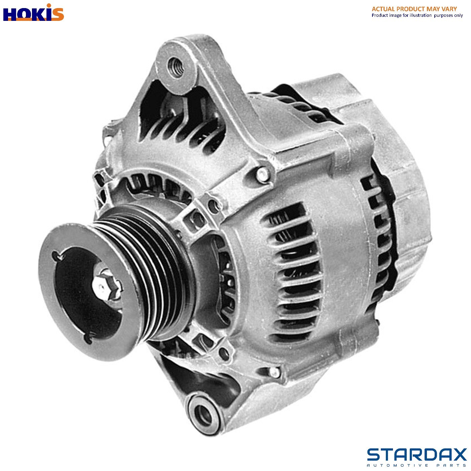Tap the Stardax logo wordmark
(x=417, y=455)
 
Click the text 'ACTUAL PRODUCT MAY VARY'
(x=414, y=9)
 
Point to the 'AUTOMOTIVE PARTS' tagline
(x=417, y=465)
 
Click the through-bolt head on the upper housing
(x=262, y=174)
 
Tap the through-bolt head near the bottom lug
(x=274, y=371)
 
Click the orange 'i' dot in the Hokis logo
(x=49, y=6)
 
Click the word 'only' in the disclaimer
(x=459, y=15)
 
